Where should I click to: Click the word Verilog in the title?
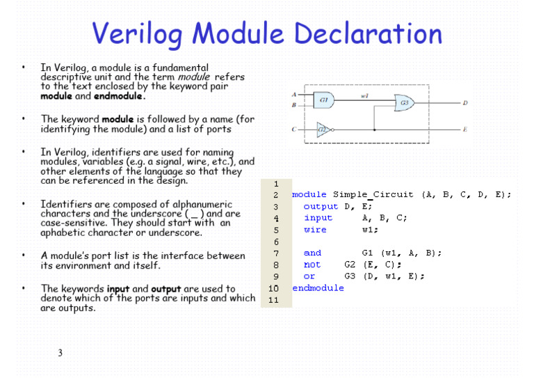(x=143, y=35)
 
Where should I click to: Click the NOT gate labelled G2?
(x=323, y=129)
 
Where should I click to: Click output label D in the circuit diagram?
(x=465, y=104)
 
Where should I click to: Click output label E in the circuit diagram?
(x=465, y=129)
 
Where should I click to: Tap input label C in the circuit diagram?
(x=295, y=129)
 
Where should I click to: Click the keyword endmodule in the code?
(x=318, y=288)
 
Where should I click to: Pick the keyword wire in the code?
(x=315, y=230)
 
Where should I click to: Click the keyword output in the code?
(x=321, y=207)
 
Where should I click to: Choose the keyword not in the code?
(x=312, y=265)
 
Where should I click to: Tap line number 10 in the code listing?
(x=273, y=288)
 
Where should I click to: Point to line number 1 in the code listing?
(x=275, y=184)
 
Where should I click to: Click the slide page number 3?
(x=60, y=353)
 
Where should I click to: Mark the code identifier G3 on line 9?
(x=351, y=276)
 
